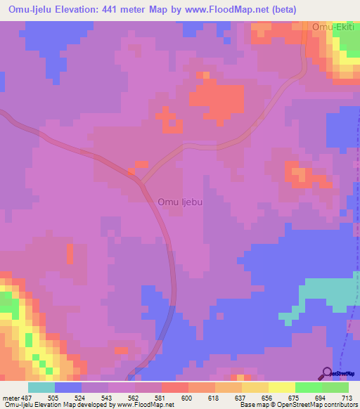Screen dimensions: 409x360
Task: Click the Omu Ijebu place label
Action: (x=181, y=202)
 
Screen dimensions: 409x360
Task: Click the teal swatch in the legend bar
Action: (x=41, y=387)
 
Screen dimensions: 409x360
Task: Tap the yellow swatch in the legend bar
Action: (x=282, y=387)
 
